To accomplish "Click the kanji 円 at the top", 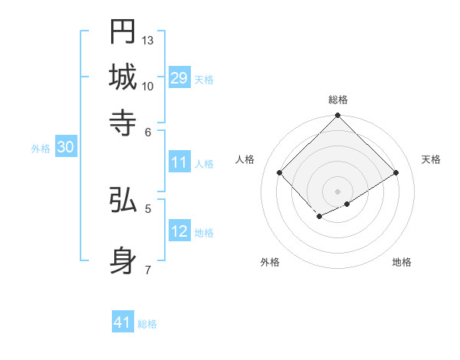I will [x=123, y=32].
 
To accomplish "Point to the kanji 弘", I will [x=123, y=201].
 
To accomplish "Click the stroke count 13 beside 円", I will [x=148, y=40].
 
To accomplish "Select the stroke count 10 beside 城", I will [x=148, y=86].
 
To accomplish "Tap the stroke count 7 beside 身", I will [x=148, y=269].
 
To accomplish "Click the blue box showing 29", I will [x=179, y=78].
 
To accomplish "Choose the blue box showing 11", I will [x=179, y=162].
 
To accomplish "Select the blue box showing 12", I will [x=179, y=231].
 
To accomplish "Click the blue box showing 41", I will [x=123, y=322].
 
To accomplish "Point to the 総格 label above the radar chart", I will [x=338, y=100].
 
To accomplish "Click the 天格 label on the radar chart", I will [x=432, y=159].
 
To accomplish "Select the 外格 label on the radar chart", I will [x=270, y=262].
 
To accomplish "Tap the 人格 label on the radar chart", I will [x=245, y=159].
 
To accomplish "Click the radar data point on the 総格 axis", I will [x=338, y=116].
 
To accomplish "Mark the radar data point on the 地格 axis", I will [x=347, y=204].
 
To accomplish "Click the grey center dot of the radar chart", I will [x=338, y=191].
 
